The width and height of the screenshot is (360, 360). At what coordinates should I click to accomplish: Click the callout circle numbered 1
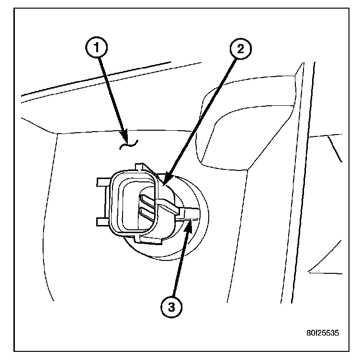click(97, 48)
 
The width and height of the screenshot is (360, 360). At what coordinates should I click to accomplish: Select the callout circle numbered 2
click(240, 48)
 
